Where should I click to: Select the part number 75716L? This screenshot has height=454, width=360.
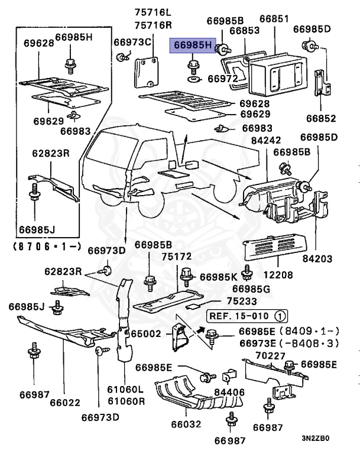[151, 12]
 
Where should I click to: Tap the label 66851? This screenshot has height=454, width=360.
[275, 20]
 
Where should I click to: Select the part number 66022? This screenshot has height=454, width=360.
[63, 403]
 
